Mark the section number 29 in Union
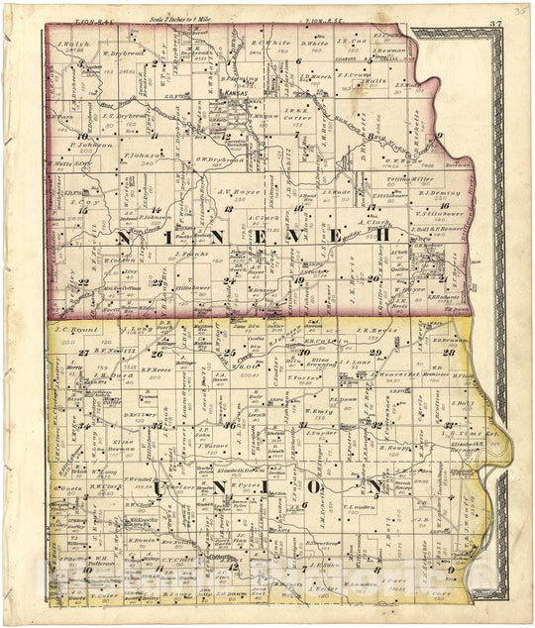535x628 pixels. click(x=374, y=353)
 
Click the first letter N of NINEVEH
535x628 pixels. click(x=127, y=236)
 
